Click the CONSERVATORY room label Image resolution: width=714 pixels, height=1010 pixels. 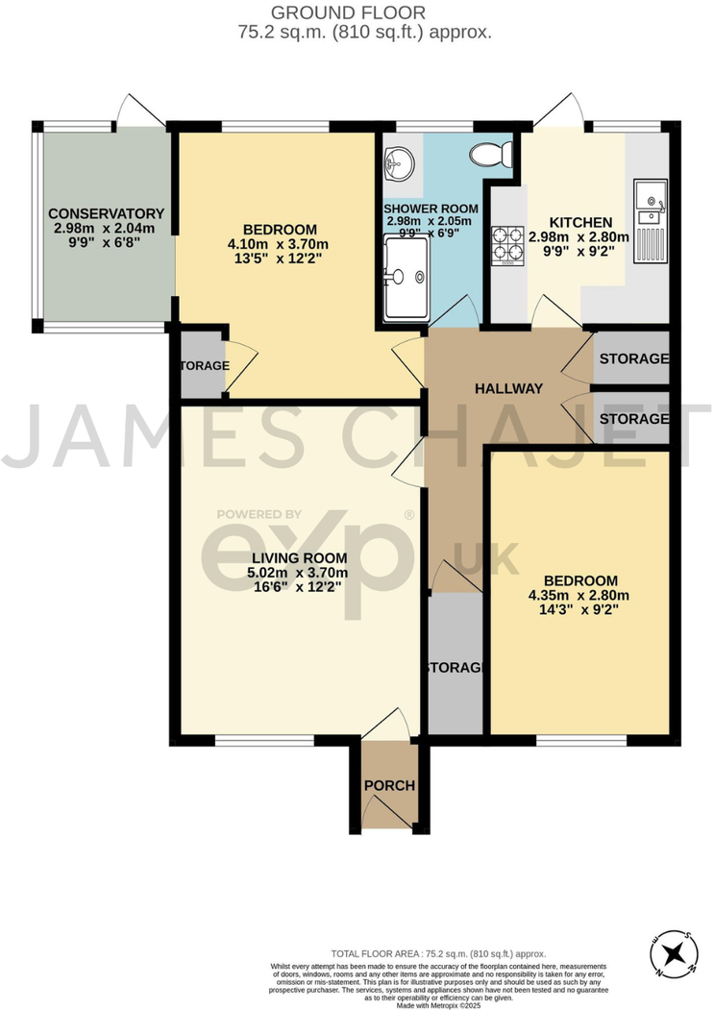(x=107, y=212)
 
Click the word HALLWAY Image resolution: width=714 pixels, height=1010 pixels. (x=508, y=388)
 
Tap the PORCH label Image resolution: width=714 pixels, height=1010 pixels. (x=389, y=785)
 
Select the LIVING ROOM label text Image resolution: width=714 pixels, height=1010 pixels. (x=300, y=558)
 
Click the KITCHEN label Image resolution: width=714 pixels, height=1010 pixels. (x=580, y=222)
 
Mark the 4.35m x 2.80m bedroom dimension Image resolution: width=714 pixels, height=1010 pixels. (x=579, y=595)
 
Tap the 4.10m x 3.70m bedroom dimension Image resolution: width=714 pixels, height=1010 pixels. (x=280, y=243)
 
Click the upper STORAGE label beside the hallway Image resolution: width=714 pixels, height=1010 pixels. (x=633, y=358)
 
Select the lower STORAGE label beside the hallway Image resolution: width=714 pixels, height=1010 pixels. (x=633, y=419)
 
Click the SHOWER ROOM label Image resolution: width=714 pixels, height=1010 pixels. (x=424, y=209)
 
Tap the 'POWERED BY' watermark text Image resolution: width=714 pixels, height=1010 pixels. (x=259, y=514)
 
